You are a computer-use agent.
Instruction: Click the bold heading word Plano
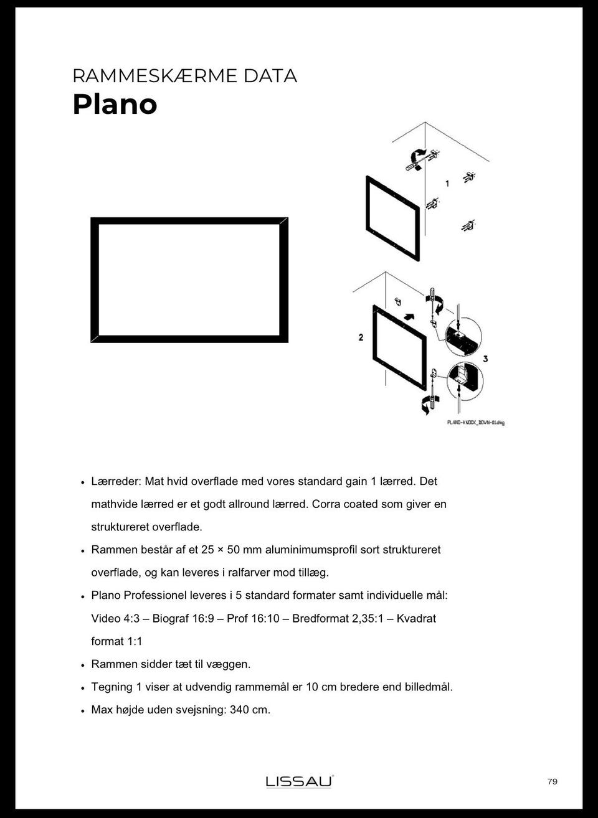click(x=115, y=104)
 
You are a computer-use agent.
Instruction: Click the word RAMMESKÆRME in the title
click(x=154, y=76)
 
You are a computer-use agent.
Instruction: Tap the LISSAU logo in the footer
click(x=300, y=781)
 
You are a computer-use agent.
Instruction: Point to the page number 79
click(x=553, y=781)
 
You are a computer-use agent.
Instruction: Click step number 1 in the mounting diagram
click(x=447, y=184)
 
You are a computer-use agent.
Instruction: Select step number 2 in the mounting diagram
click(x=361, y=337)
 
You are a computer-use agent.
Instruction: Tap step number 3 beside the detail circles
click(x=485, y=359)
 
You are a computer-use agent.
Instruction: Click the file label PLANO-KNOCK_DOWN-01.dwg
click(x=476, y=423)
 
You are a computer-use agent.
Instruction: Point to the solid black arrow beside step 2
click(x=409, y=316)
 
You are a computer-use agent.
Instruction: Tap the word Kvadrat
click(x=416, y=619)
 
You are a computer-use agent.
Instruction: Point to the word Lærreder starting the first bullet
click(x=116, y=481)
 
